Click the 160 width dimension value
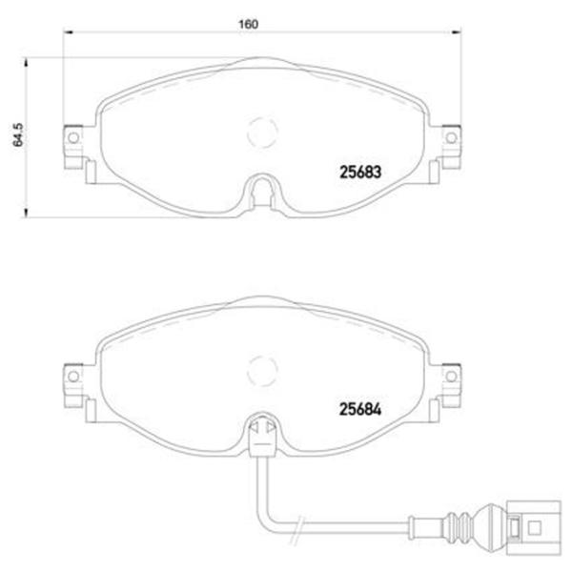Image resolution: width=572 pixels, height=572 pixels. [248, 24]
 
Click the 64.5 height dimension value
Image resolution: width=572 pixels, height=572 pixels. [18, 135]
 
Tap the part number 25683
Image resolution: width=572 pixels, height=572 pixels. [360, 173]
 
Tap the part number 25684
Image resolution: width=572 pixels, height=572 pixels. [360, 409]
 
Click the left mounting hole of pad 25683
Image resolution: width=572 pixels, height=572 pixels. [73, 138]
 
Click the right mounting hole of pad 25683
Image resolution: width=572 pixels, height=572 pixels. [451, 138]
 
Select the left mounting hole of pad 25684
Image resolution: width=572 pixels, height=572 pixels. [73, 377]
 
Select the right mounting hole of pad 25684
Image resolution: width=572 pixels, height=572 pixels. [451, 377]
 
